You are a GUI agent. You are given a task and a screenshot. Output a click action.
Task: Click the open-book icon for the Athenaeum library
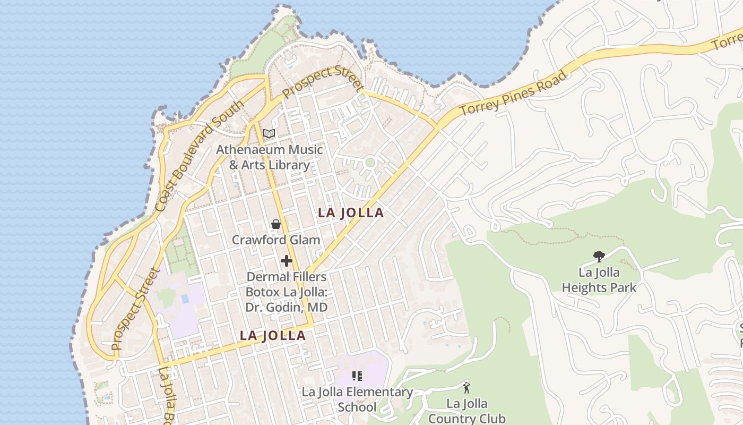click(x=269, y=133)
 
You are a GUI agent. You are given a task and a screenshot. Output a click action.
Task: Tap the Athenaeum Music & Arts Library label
click(x=269, y=157)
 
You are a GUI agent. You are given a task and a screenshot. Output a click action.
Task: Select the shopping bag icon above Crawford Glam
click(x=276, y=224)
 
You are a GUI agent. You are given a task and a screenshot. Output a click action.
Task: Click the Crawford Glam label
click(x=276, y=240)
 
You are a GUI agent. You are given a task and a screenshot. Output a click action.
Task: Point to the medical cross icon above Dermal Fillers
click(x=287, y=261)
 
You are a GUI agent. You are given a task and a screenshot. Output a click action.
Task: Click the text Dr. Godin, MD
click(x=286, y=308)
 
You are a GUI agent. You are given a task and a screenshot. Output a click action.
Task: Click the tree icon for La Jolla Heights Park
click(x=599, y=257)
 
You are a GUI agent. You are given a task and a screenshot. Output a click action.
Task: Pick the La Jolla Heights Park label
click(x=599, y=280)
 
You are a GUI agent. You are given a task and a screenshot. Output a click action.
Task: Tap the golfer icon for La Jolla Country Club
click(x=466, y=387)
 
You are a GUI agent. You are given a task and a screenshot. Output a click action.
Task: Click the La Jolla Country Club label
click(x=466, y=411)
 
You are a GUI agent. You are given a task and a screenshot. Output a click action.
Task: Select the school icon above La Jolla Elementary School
click(x=357, y=376)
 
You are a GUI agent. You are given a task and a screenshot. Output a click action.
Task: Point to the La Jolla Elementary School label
click(x=357, y=399)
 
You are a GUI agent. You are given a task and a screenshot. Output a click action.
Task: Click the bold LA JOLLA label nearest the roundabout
click(x=350, y=213)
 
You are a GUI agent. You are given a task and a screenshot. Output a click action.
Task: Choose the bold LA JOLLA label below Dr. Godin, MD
click(x=273, y=336)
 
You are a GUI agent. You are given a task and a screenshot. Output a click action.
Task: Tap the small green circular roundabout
click(x=370, y=163)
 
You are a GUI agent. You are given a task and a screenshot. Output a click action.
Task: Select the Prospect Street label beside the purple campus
click(x=136, y=309)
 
